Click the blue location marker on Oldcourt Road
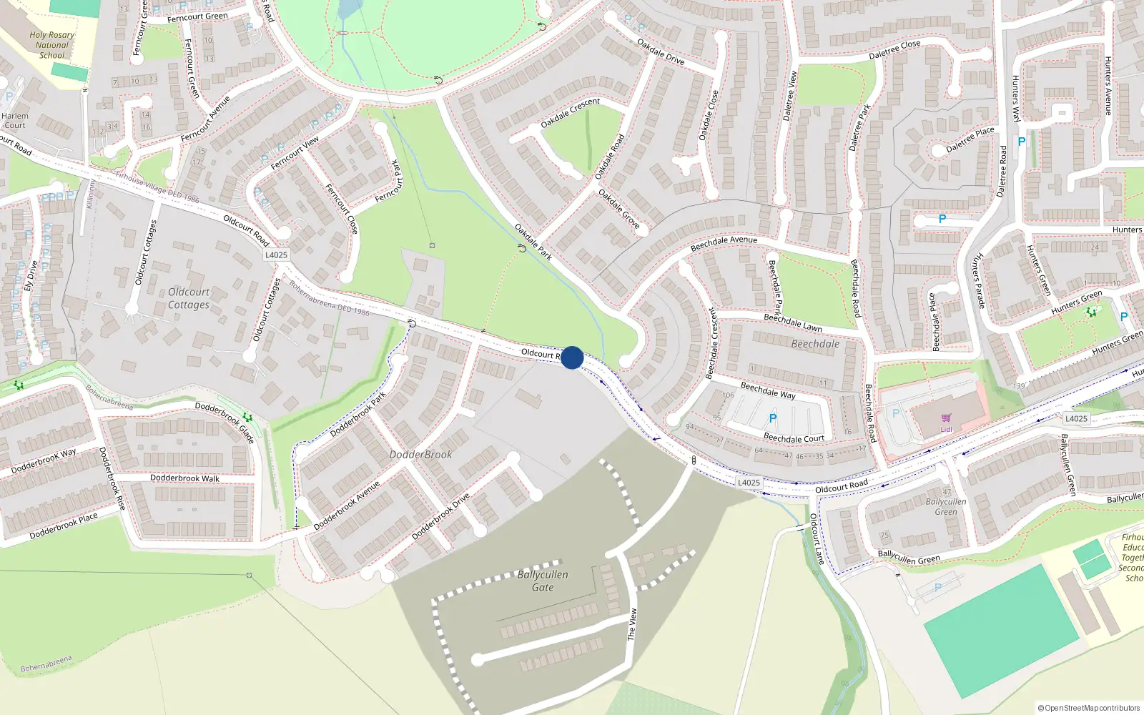click(572, 357)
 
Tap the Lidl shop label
click(946, 429)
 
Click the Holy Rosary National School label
click(51, 45)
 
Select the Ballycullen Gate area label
click(543, 581)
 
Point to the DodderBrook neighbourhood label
click(420, 455)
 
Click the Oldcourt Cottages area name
click(189, 298)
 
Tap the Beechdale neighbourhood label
click(815, 344)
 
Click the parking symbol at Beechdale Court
click(772, 418)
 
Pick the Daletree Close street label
click(894, 50)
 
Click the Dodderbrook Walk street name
click(184, 478)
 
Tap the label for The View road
click(632, 624)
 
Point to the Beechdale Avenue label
click(724, 243)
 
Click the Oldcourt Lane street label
click(817, 539)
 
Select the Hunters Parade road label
click(979, 280)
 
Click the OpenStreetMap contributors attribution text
click(1088, 708)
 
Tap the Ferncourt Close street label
click(342, 209)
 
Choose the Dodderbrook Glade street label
click(225, 423)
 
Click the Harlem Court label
click(14, 120)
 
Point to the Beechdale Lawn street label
click(792, 322)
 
